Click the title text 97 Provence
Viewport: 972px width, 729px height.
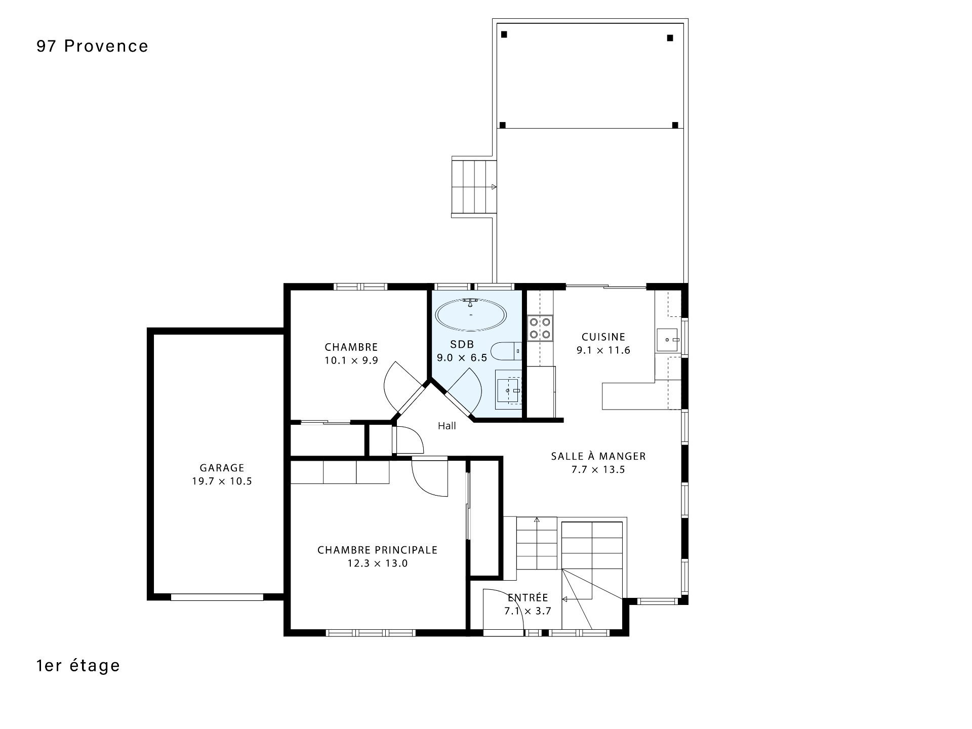tap(93, 46)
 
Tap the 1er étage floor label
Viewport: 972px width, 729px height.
tap(78, 665)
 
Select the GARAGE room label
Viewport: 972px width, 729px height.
tap(222, 468)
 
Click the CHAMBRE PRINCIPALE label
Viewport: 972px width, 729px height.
tap(377, 550)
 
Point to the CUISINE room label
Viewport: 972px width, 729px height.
tap(603, 337)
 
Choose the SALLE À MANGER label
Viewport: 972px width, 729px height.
tap(598, 456)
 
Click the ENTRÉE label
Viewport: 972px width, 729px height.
tap(528, 597)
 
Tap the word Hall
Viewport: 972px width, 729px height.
tap(447, 426)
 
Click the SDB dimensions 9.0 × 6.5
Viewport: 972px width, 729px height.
tap(462, 358)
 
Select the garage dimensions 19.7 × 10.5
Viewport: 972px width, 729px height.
tap(222, 481)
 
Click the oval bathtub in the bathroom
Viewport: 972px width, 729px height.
tap(471, 315)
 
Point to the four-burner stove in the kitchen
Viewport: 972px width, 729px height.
tap(540, 328)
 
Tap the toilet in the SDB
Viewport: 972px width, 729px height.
tap(506, 351)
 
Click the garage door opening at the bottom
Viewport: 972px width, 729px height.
tap(217, 597)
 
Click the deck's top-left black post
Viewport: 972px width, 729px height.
tap(504, 34)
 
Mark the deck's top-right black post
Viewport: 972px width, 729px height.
tap(670, 37)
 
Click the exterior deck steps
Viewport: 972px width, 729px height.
tap(474, 187)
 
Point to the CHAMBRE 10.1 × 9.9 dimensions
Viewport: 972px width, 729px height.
tap(351, 360)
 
